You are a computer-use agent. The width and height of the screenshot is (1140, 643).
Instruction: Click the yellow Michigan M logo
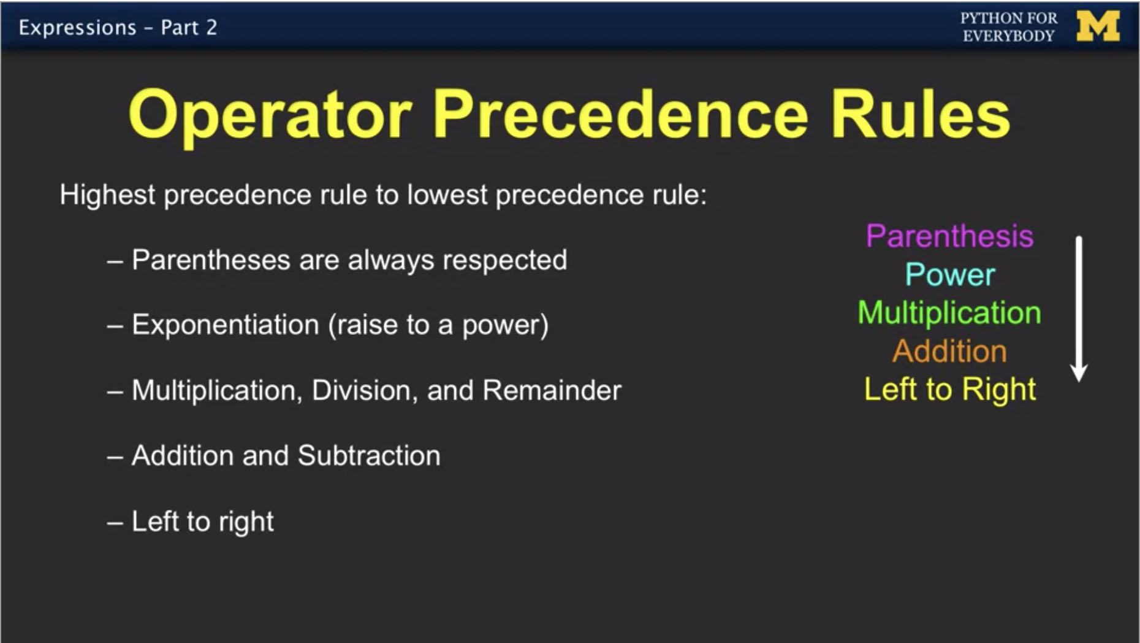coord(1098,27)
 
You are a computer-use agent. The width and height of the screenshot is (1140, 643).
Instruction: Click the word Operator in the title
coord(270,115)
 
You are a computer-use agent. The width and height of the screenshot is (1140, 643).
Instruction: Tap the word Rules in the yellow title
coord(920,114)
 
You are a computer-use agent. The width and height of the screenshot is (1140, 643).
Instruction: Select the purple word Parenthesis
coord(949,236)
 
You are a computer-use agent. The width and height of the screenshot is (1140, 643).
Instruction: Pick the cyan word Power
coord(950,274)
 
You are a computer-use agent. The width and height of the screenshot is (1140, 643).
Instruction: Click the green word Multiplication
coord(949,313)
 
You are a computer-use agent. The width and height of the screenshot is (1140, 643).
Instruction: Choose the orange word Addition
coord(949,351)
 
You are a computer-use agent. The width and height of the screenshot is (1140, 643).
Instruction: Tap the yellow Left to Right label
coord(950,390)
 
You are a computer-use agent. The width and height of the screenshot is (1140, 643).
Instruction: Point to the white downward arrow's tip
coord(1079,382)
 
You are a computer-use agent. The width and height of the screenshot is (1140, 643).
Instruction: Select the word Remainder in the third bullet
coord(552,390)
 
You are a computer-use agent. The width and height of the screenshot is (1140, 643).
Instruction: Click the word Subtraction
coord(369,456)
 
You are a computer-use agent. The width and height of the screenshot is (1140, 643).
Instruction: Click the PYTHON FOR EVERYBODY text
coord(1009,27)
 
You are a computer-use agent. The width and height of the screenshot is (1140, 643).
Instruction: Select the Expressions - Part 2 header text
coord(118,28)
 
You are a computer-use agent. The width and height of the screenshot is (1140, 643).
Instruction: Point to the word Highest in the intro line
coord(107,195)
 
